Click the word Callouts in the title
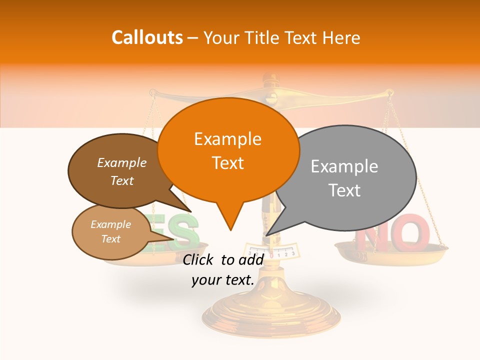147,37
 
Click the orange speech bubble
228,150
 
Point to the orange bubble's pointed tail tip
230,230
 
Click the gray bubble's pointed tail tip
267,235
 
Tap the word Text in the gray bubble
345,190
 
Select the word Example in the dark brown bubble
122,162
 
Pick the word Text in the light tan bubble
111,239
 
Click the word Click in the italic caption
199,259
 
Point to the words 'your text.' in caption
223,280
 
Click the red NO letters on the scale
395,232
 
